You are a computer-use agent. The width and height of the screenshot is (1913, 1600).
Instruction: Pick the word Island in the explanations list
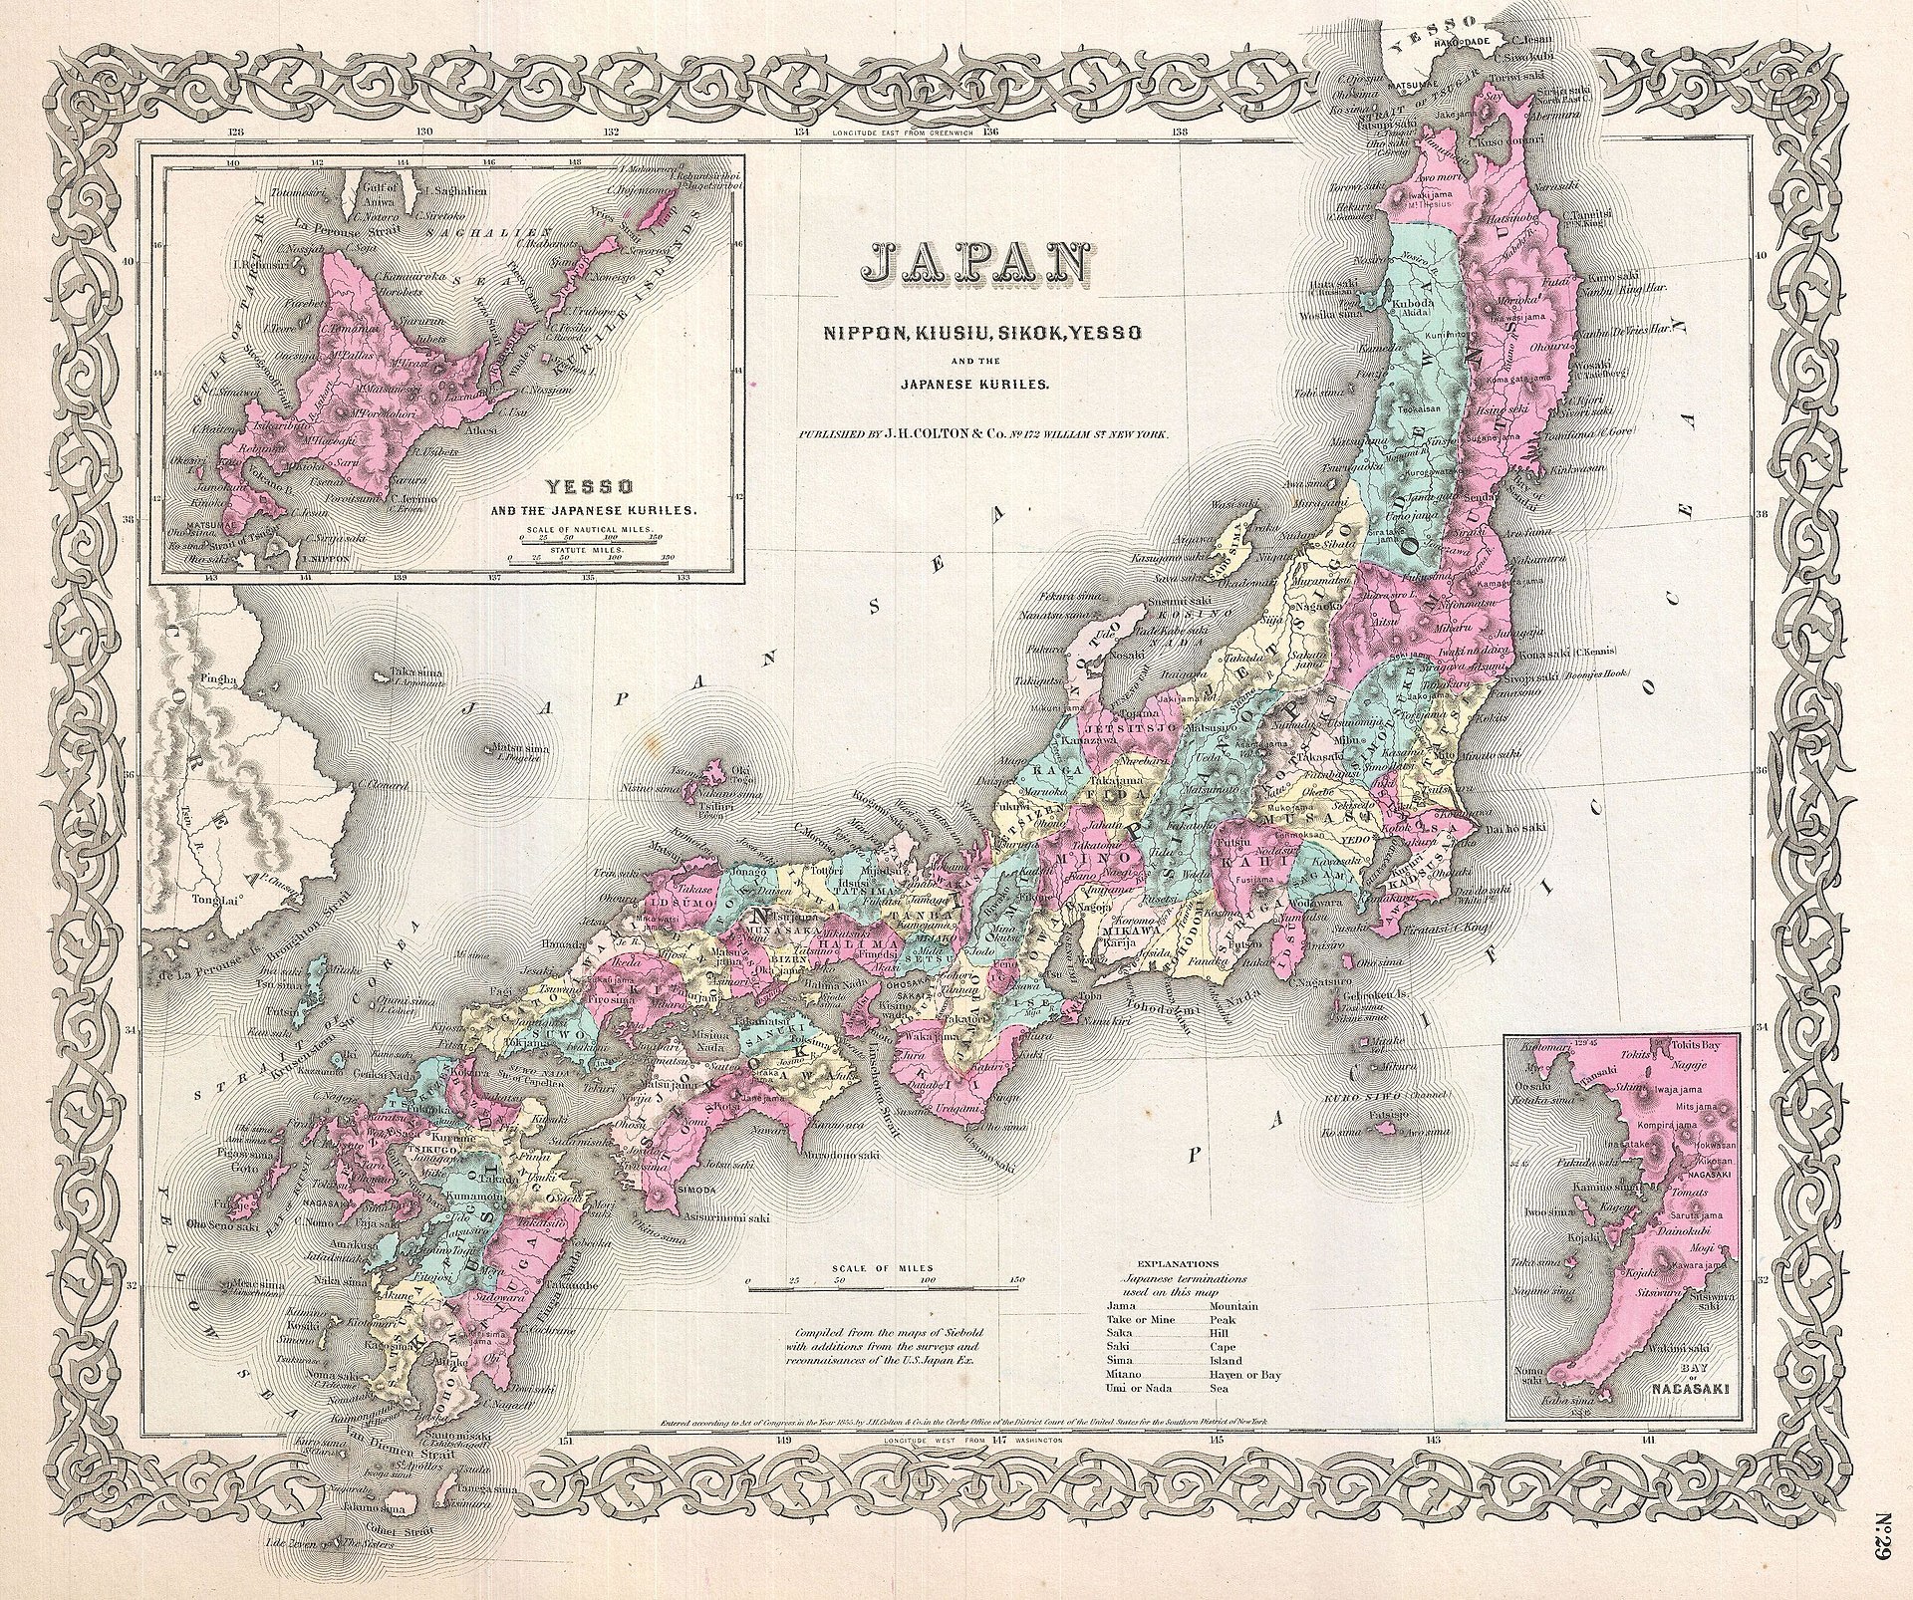click(x=1226, y=1360)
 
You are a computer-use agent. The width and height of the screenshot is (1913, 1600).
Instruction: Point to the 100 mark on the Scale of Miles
click(x=928, y=1279)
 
